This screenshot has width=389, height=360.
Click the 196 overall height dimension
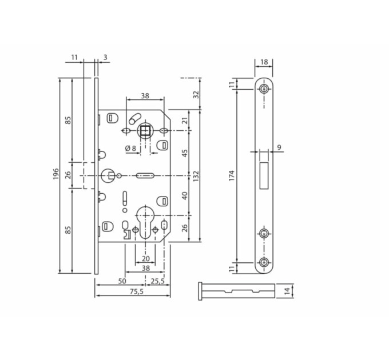click(56, 174)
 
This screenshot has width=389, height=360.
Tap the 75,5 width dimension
click(137, 291)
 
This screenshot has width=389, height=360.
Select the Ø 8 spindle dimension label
click(131, 148)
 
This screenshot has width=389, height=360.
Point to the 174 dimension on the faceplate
click(231, 175)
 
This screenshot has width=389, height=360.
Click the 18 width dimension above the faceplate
click(264, 62)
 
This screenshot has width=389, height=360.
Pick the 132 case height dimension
click(196, 176)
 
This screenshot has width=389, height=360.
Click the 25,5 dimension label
click(158, 281)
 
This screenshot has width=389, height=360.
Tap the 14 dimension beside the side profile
click(287, 291)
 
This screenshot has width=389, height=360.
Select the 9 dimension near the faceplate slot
click(279, 147)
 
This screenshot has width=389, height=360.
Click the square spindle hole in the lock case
click(145, 130)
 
